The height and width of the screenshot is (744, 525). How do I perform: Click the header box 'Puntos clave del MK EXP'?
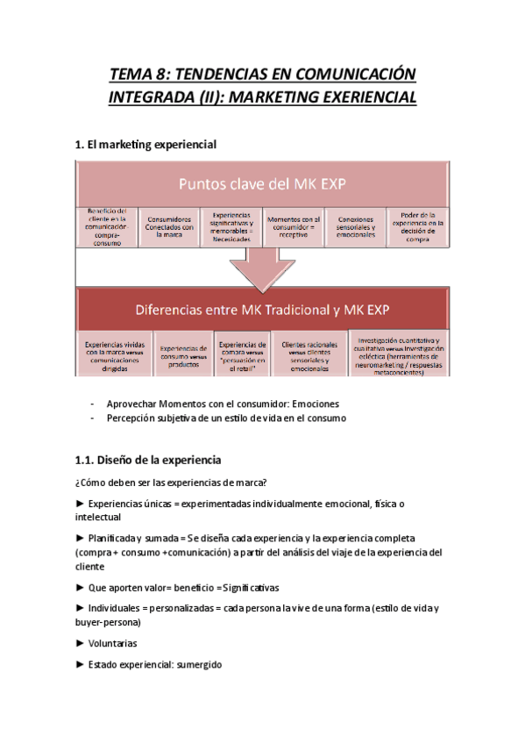262,184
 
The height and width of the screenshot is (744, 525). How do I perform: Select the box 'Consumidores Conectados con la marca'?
172,227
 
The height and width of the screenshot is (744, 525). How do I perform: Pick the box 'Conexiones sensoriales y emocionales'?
355,227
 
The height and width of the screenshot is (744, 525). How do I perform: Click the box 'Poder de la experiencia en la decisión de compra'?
416,227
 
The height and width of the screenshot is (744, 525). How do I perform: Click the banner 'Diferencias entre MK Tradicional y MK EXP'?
262,310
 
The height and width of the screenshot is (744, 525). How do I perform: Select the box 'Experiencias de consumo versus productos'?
184,354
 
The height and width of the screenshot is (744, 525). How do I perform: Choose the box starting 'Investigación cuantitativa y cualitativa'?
399,354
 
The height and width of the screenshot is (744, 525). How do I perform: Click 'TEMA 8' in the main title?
141,73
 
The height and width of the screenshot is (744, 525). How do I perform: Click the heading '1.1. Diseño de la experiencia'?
148,460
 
